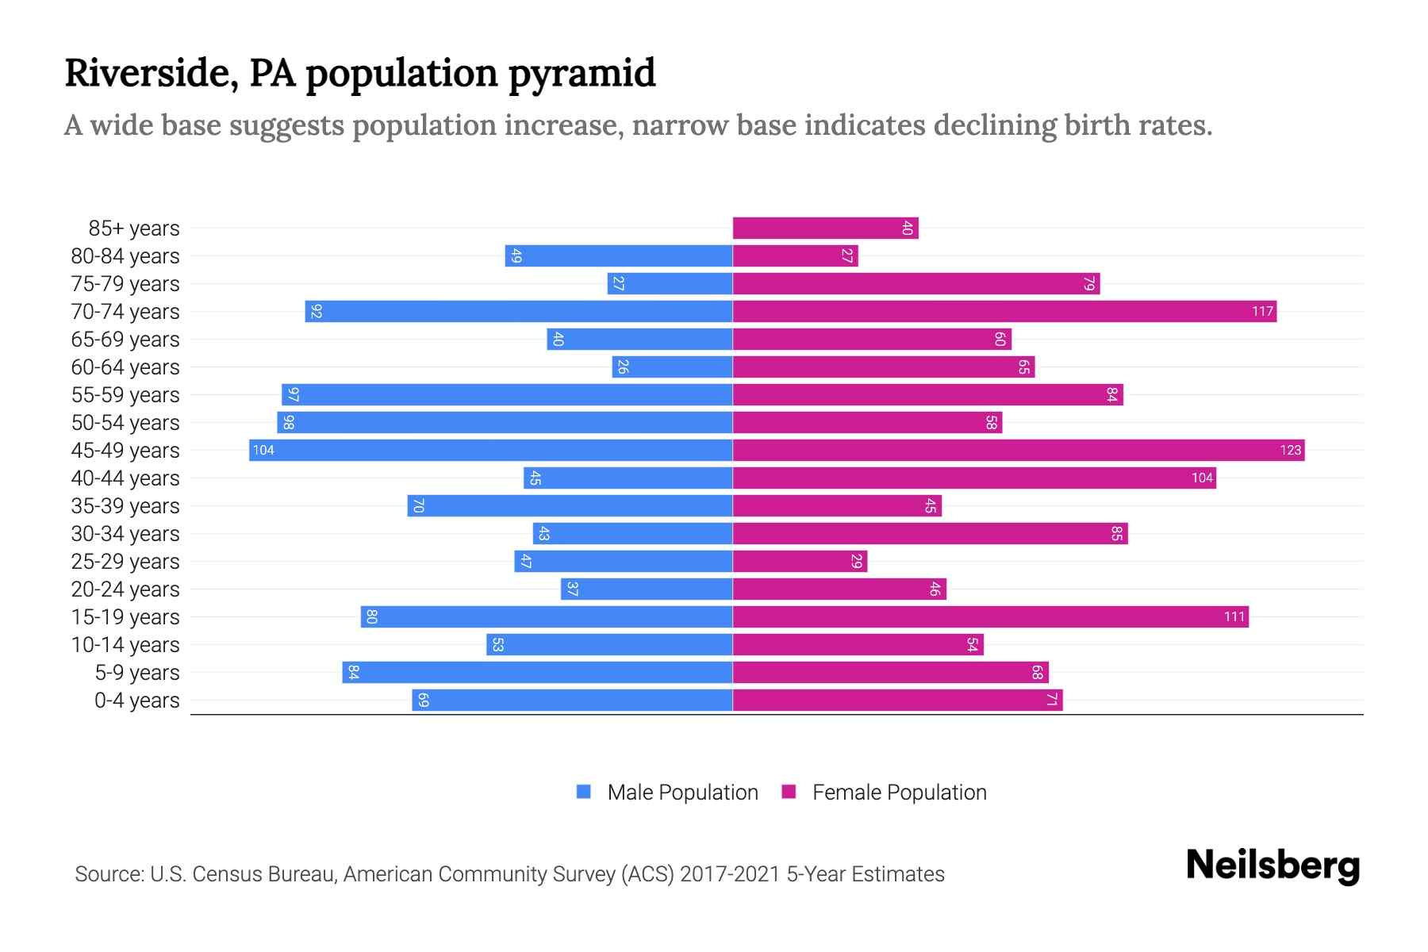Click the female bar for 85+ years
tap(825, 228)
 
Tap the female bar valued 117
tap(1004, 312)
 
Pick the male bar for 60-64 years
tap(672, 367)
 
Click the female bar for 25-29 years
tap(800, 562)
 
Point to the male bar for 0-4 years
tap(572, 701)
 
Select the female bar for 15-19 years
tap(990, 617)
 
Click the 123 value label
tap(1290, 451)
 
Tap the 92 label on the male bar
tap(316, 312)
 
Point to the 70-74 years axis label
tap(125, 312)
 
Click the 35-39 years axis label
tap(125, 506)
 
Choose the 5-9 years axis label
tap(137, 673)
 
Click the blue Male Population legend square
tap(584, 792)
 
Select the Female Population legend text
tap(899, 793)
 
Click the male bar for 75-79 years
tap(670, 284)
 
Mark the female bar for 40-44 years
tap(974, 478)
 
